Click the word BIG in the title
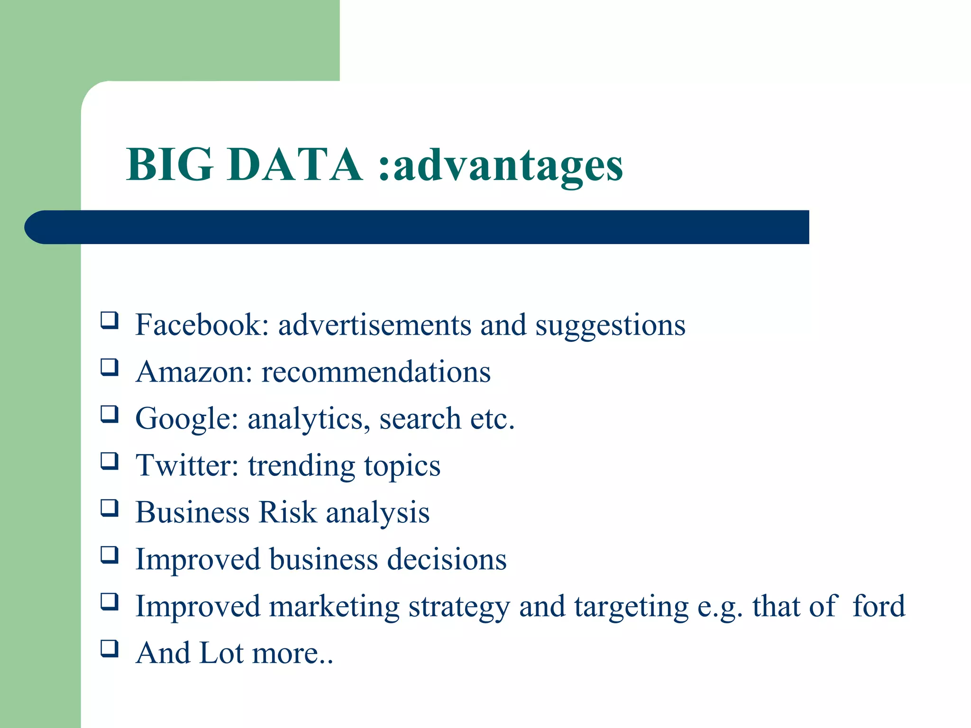point(169,164)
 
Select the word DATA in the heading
point(294,164)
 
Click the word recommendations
point(376,372)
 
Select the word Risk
point(287,512)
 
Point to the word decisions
point(447,559)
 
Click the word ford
point(879,606)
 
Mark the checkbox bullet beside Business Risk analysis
point(109,508)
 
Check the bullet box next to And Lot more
point(109,649)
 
